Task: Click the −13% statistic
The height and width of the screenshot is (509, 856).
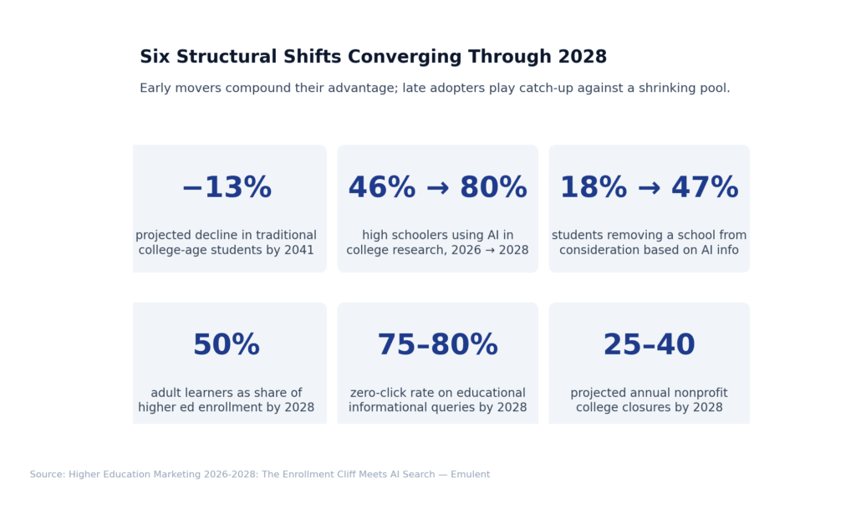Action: point(227,188)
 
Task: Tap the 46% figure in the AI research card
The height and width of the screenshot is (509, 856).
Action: point(381,188)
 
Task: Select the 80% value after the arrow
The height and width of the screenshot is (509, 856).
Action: point(493,188)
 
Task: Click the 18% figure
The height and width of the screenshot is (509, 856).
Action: point(593,188)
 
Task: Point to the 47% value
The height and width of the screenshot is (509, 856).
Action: point(705,188)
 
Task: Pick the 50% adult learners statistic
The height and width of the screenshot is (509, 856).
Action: point(227,345)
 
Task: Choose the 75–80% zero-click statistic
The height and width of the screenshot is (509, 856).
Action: point(437,345)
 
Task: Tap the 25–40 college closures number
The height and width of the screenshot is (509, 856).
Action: point(649,345)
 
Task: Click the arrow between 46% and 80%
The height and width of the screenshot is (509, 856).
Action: point(437,189)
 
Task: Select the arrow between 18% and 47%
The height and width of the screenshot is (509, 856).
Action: point(649,189)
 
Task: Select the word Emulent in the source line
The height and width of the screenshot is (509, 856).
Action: point(470,475)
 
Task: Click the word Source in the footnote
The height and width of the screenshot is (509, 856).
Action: point(48,475)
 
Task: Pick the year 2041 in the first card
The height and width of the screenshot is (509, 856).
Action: point(298,250)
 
